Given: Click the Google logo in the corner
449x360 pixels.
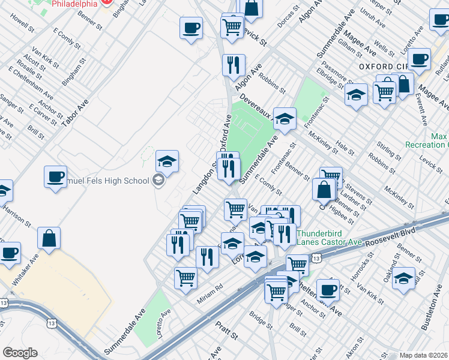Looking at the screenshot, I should point(20,353).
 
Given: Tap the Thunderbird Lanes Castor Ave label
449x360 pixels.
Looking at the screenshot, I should point(329,238).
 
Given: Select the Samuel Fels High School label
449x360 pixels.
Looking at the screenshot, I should point(114,181).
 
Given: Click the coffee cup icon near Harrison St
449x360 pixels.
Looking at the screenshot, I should point(56,177).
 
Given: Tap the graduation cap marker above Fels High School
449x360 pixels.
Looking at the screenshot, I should point(167,161).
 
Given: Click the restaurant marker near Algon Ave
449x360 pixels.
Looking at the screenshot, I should point(234,64).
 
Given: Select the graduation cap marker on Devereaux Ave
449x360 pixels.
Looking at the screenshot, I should point(285,118).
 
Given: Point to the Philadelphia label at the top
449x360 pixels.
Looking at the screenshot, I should point(75,4).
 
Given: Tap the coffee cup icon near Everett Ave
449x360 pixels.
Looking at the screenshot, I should point(419,59).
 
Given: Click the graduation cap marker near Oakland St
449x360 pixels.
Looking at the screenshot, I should point(404,278).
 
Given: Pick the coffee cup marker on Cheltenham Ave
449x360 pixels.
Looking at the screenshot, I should point(328,290).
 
